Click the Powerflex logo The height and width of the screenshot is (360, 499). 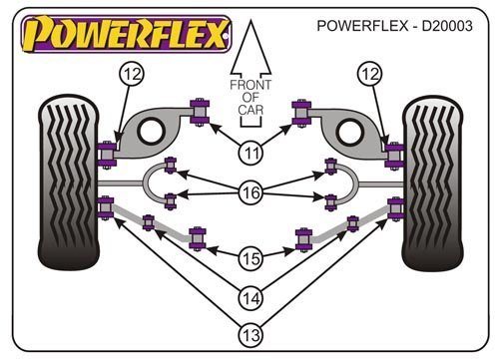click(126, 34)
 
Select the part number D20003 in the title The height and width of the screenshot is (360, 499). click(447, 26)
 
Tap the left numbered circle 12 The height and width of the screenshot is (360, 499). click(132, 74)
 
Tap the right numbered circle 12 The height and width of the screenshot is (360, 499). click(370, 74)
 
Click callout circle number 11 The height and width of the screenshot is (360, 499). click(251, 154)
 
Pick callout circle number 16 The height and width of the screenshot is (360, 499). click(251, 192)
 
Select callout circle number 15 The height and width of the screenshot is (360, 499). click(251, 258)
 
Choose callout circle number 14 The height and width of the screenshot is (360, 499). click(251, 298)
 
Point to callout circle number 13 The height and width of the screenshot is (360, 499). click(251, 335)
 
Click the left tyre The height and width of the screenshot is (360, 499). click(69, 182)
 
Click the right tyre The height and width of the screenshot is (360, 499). click(432, 182)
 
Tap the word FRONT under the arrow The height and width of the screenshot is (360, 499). click(250, 85)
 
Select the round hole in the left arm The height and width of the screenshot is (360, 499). click(152, 131)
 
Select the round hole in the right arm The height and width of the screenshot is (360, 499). click(349, 132)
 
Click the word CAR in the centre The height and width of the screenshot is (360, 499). click(250, 110)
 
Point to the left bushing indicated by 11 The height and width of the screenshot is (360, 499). click(200, 112)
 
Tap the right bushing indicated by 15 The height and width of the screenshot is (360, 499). click(303, 240)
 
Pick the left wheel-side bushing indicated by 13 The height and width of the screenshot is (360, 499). click(106, 208)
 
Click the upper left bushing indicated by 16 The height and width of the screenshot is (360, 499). click(171, 165)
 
